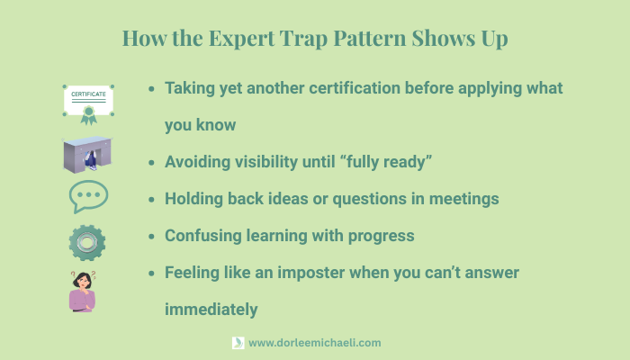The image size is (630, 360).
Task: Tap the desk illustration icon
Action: click(x=88, y=154)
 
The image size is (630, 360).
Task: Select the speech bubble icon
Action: click(x=88, y=196)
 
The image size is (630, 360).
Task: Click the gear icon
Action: click(x=87, y=242)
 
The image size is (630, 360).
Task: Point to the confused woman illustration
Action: click(x=83, y=292)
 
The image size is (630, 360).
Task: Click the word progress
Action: click(x=381, y=236)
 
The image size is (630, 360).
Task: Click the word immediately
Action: click(x=211, y=310)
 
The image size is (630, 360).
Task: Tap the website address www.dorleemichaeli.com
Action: click(x=314, y=343)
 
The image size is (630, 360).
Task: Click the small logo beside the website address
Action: click(x=238, y=343)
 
